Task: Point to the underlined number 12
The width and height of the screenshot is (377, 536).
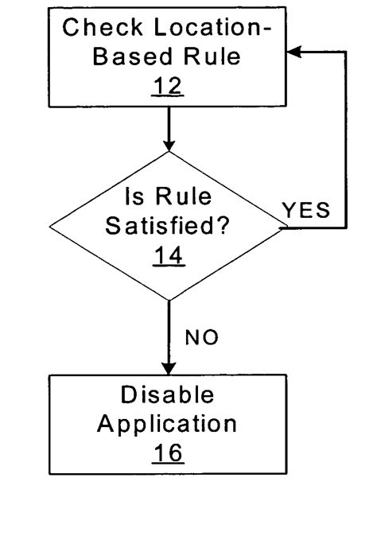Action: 168,86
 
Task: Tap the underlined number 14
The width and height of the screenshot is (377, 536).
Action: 168,254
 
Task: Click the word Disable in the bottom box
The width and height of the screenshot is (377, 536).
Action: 168,395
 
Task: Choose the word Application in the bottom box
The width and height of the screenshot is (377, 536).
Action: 168,424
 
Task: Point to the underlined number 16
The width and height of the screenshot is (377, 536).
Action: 168,452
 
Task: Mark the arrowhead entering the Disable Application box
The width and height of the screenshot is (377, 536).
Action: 168,367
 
